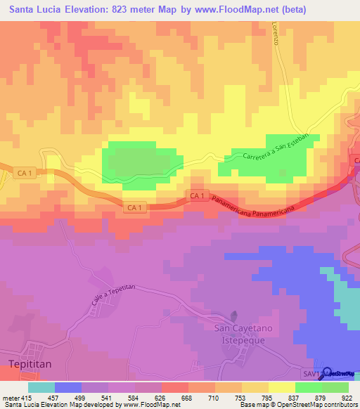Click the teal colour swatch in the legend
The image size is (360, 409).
[x=41, y=388]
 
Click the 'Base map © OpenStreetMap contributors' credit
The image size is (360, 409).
[x=297, y=404]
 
